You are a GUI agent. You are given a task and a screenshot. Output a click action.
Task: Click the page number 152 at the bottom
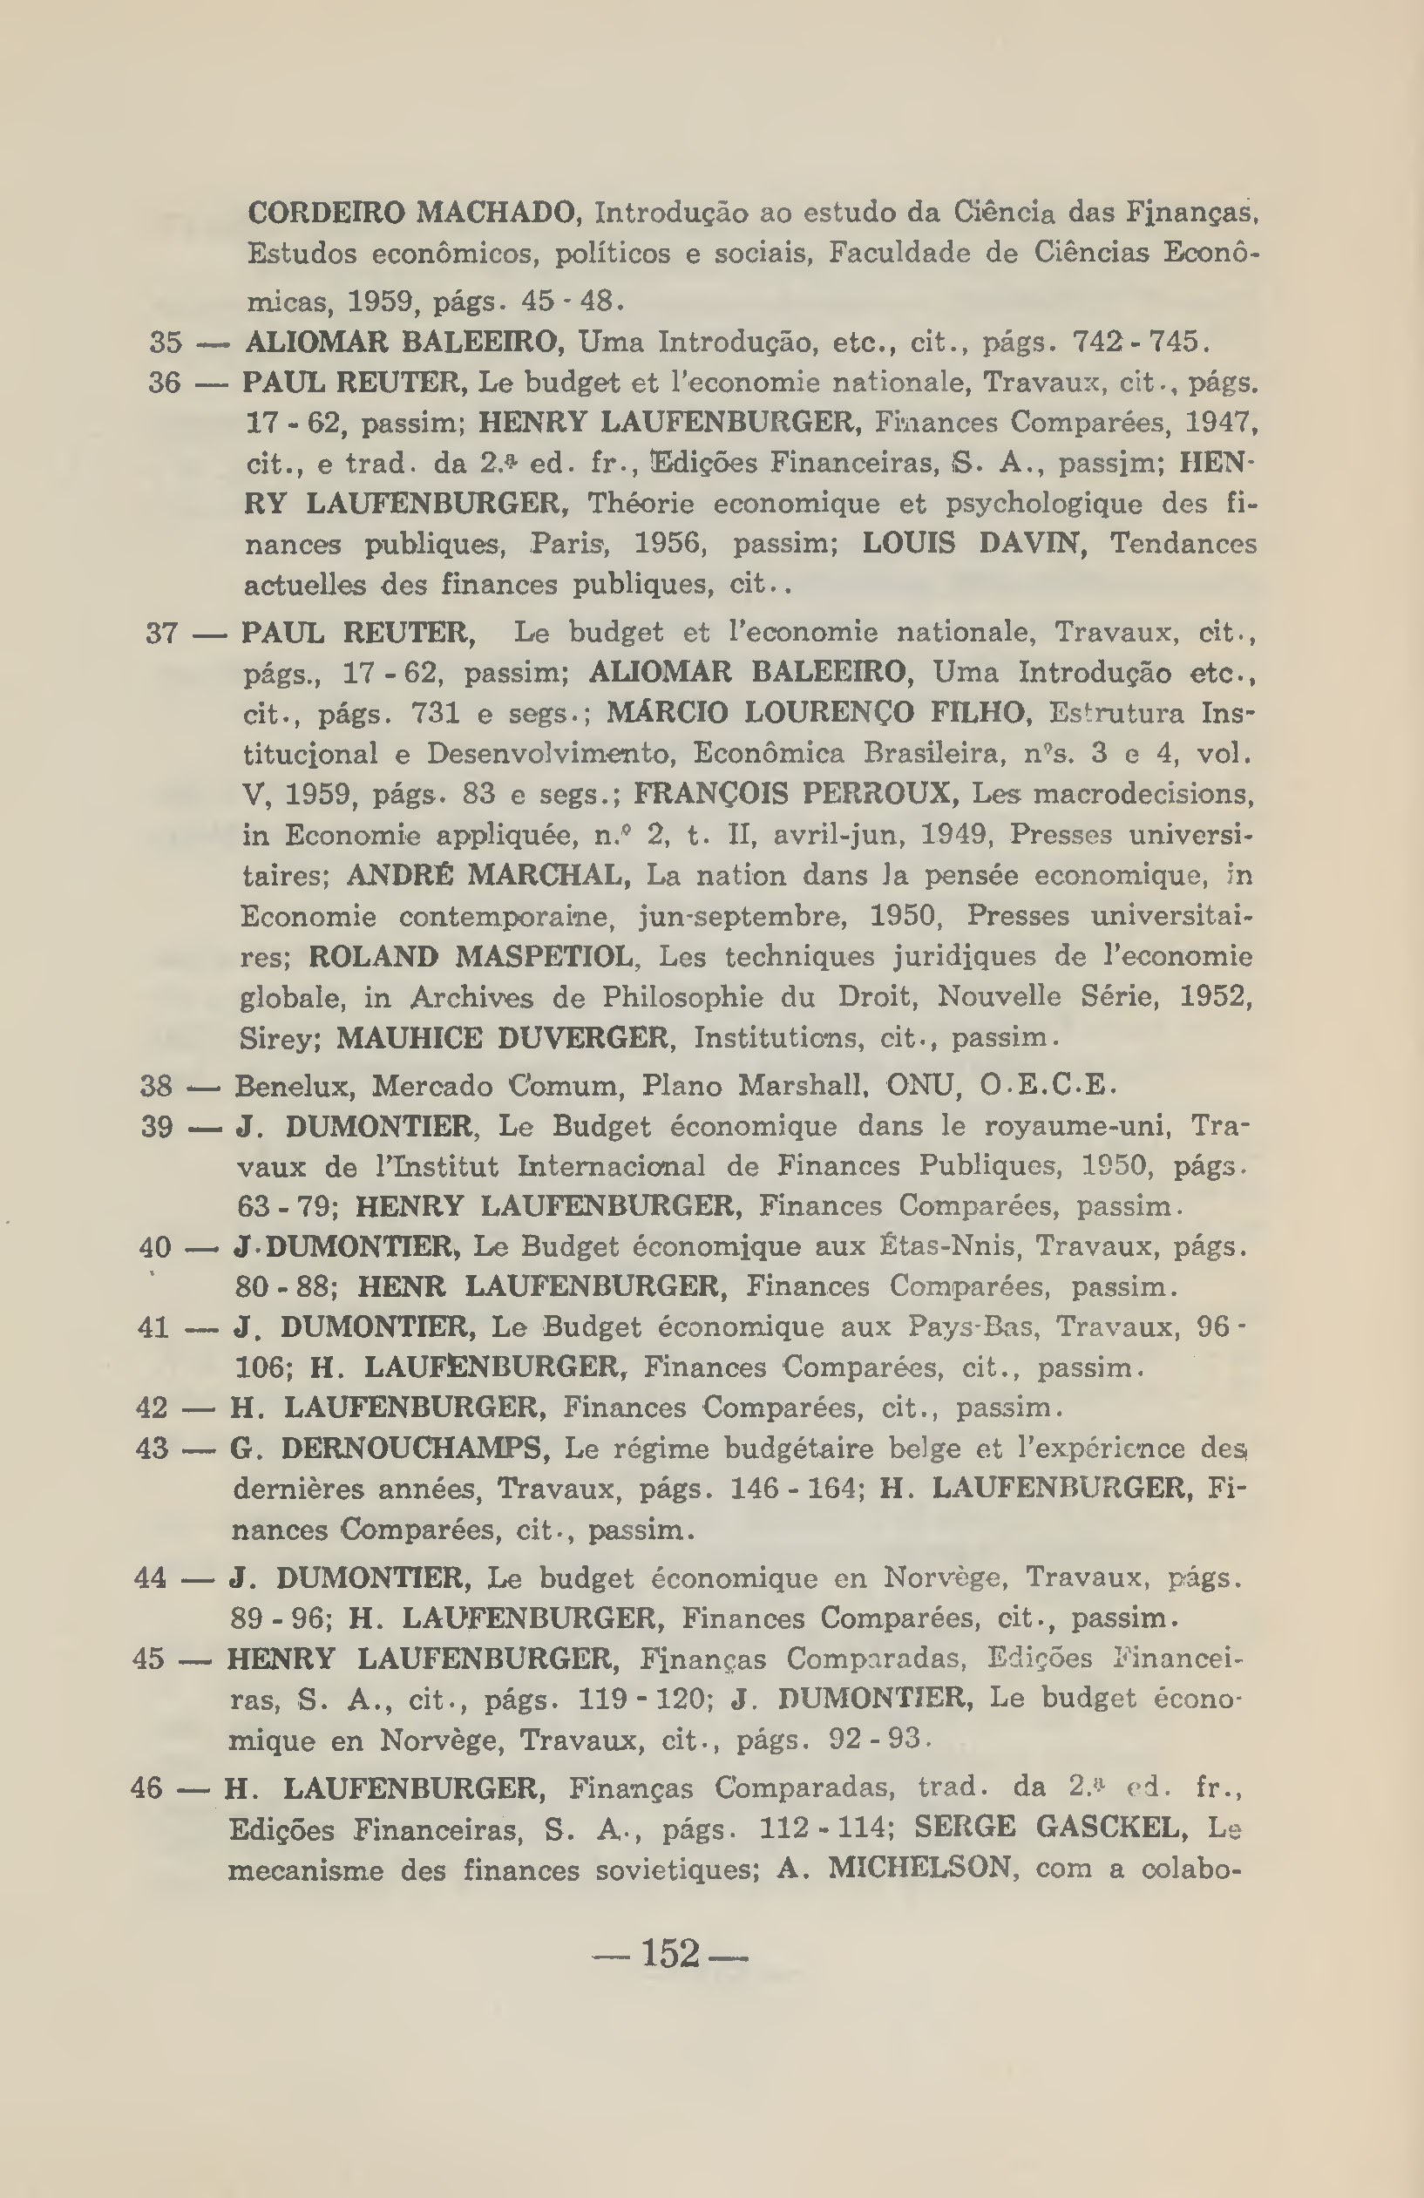click(x=670, y=1953)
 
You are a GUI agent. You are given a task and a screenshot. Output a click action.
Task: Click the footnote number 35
click(x=166, y=343)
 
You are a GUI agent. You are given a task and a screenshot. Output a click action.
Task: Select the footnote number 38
click(x=157, y=1085)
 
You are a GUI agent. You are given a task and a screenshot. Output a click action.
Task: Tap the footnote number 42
click(x=153, y=1408)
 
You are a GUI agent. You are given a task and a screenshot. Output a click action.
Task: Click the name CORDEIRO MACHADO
click(x=413, y=214)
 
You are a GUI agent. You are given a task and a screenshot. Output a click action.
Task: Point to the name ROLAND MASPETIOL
click(x=471, y=956)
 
